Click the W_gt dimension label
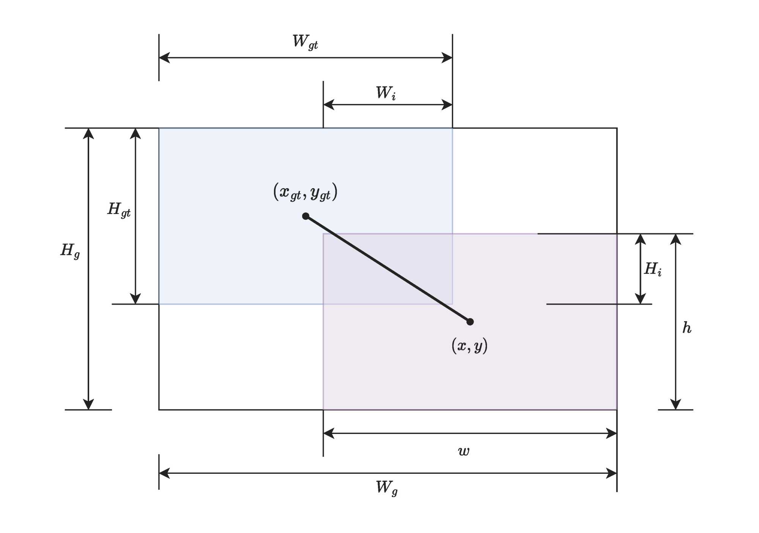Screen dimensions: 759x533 tap(305, 42)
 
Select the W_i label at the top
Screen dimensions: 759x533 tap(386, 93)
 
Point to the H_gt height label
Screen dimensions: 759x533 tap(119, 209)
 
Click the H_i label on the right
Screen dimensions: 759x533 tap(653, 269)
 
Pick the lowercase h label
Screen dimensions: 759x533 tap(687, 328)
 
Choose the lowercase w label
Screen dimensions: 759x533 tap(464, 451)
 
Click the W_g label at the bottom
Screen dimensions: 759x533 tap(386, 487)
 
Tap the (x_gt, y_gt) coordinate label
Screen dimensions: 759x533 tap(305, 192)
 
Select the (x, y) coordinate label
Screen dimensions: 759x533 tap(469, 346)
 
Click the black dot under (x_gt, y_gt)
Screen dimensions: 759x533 tap(305, 216)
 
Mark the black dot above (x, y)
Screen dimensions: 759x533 tap(470, 322)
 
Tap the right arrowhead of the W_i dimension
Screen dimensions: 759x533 tap(447, 105)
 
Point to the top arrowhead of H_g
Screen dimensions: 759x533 tap(88, 133)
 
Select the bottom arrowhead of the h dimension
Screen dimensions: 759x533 tap(676, 405)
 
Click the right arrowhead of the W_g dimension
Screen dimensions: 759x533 tap(612, 473)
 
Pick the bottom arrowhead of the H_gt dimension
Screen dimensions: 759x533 tap(135, 299)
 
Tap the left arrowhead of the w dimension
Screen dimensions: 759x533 tap(328, 433)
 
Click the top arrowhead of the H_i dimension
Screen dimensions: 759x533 tap(641, 239)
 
